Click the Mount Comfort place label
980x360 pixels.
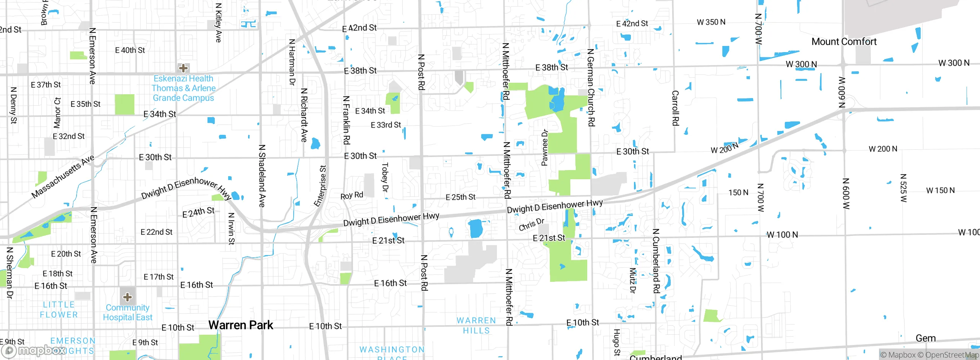click(844, 41)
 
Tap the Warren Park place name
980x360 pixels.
click(241, 325)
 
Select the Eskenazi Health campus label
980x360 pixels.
click(183, 88)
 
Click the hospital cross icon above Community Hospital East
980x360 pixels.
click(127, 297)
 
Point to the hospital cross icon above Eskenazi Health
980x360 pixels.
click(183, 68)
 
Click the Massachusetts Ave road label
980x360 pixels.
click(63, 177)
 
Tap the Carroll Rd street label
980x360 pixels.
click(675, 108)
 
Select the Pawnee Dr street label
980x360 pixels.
click(544, 148)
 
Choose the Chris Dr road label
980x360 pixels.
click(531, 224)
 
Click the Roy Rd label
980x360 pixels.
click(352, 195)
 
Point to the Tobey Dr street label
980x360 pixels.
click(385, 177)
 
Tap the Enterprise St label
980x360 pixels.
click(320, 186)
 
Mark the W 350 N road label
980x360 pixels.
click(711, 22)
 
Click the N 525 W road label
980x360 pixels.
click(903, 188)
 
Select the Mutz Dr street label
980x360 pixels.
click(632, 280)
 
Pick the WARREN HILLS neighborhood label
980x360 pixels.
click(476, 326)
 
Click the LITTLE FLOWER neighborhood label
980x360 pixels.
click(59, 310)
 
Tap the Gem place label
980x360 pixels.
click(926, 338)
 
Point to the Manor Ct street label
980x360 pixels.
click(57, 113)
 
